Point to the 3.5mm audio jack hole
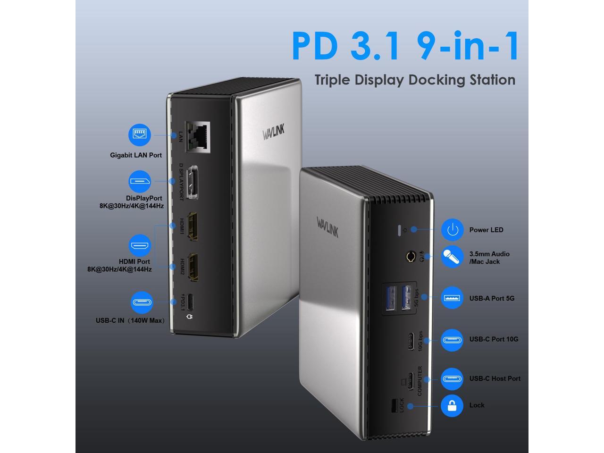tap(411, 258)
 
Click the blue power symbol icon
tap(452, 230)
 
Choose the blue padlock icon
tap(452, 405)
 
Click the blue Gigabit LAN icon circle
tap(140, 135)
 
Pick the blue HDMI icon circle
tap(140, 246)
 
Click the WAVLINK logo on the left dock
tap(273, 133)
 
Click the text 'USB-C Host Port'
tap(495, 378)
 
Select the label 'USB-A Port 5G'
tap(492, 298)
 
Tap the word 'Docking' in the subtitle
tap(436, 80)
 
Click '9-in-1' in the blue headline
tap(468, 46)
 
